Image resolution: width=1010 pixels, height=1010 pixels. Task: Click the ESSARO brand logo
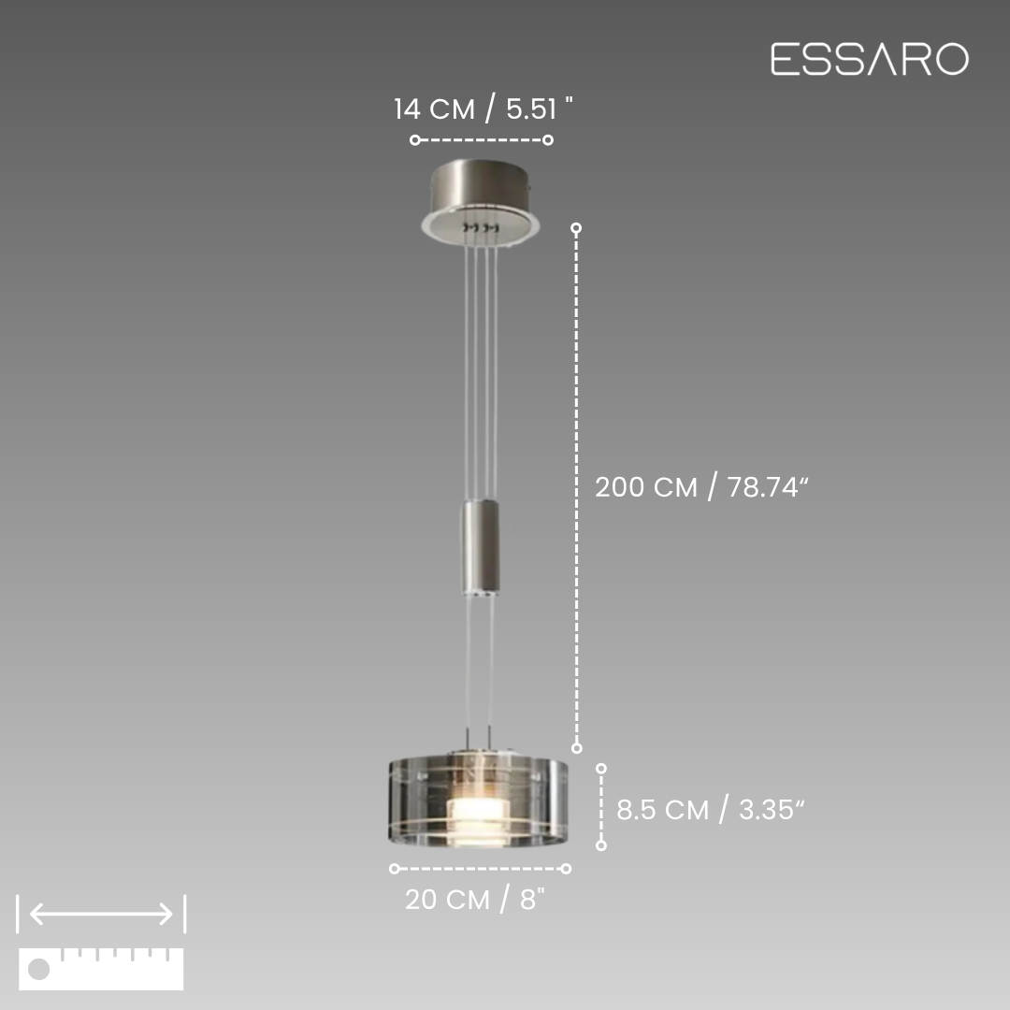(x=870, y=59)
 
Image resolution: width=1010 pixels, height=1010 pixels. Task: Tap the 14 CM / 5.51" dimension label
(x=483, y=108)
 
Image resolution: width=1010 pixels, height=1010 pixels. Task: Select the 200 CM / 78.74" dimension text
(x=700, y=487)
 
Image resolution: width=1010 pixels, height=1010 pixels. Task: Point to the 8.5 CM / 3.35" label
(x=711, y=810)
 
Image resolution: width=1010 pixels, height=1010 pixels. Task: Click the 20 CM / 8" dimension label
(x=475, y=900)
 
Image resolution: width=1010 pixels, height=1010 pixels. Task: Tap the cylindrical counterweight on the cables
(x=480, y=548)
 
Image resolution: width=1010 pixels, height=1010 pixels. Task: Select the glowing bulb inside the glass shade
(x=480, y=821)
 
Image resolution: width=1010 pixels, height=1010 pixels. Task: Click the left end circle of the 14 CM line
(x=415, y=139)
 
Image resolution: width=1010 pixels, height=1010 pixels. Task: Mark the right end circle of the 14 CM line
(x=548, y=139)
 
